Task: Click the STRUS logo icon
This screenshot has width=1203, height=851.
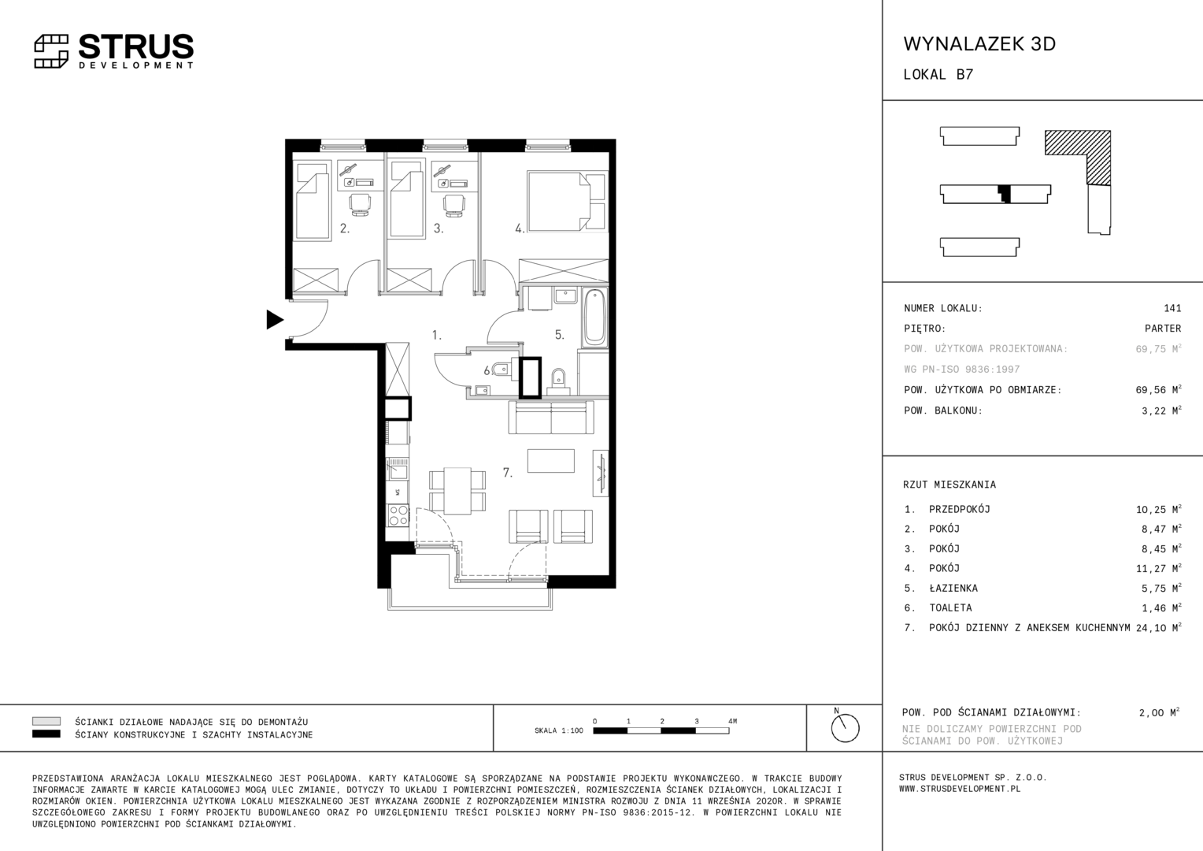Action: click(x=51, y=51)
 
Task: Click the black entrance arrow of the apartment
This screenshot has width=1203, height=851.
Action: click(x=275, y=319)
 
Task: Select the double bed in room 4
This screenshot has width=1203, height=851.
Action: click(x=567, y=202)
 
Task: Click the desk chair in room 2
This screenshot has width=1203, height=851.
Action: click(x=359, y=205)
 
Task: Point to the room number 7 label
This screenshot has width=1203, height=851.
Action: click(x=508, y=473)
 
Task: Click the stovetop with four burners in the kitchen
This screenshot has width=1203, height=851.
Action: click(x=398, y=515)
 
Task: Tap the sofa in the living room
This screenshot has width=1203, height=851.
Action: click(x=551, y=417)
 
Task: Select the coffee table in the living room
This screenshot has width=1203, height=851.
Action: click(x=550, y=461)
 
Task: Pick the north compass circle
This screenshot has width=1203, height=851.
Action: click(x=845, y=728)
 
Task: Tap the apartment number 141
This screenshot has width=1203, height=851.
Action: click(x=1172, y=308)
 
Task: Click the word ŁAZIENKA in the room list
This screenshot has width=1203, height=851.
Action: click(x=953, y=588)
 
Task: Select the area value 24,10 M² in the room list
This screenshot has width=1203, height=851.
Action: click(x=1158, y=627)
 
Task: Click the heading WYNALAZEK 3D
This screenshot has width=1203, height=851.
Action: click(x=979, y=43)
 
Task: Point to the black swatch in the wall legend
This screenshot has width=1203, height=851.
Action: click(x=46, y=734)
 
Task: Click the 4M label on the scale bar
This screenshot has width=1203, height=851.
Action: click(x=732, y=721)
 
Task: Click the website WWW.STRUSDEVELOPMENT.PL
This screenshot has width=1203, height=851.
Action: click(x=960, y=789)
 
